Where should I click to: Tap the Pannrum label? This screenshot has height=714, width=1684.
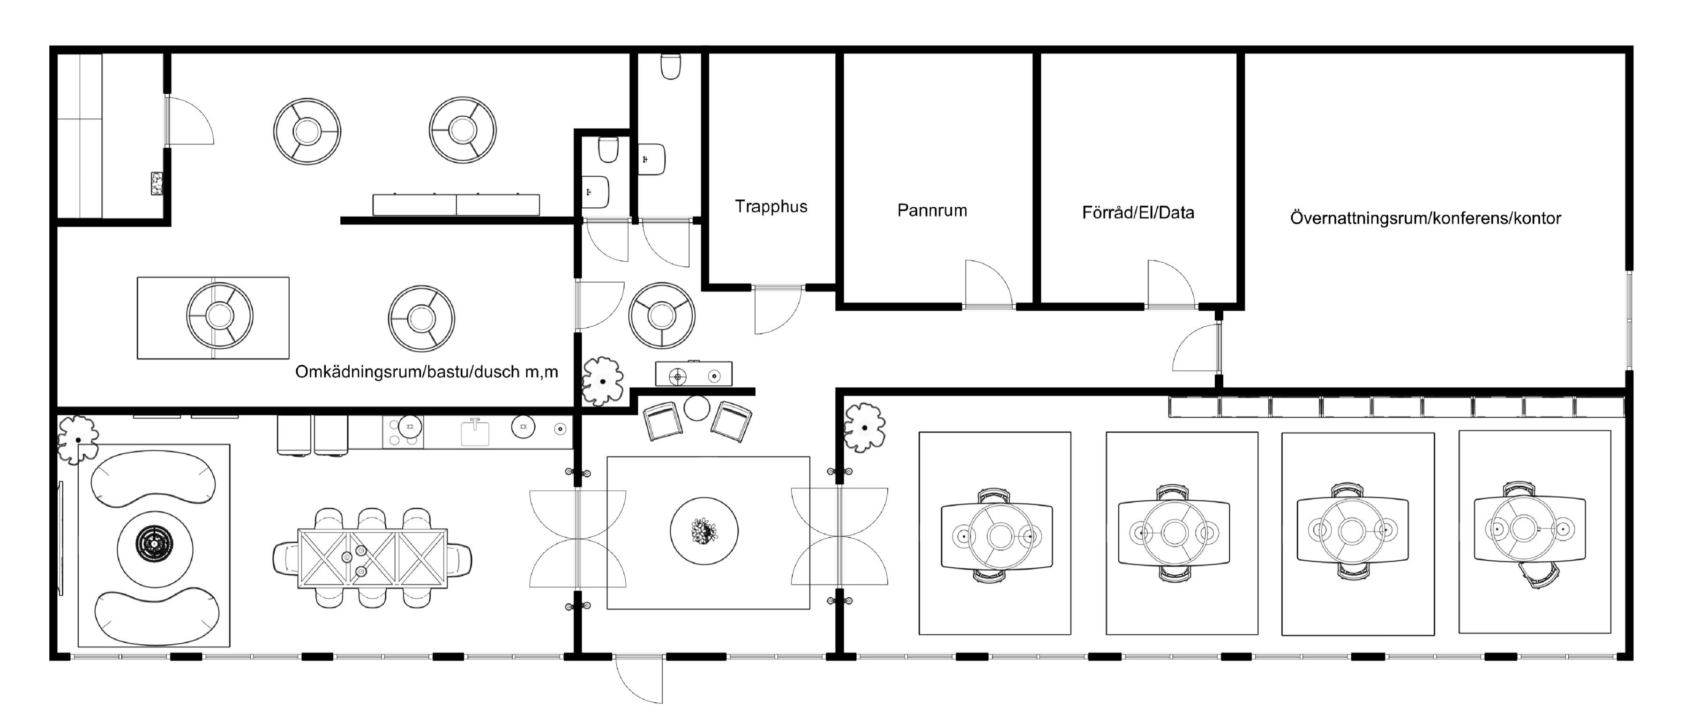click(932, 210)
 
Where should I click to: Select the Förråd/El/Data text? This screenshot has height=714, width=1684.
click(1138, 212)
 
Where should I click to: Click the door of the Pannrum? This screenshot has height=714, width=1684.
click(988, 284)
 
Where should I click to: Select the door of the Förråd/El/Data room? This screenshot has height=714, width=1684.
click(1171, 284)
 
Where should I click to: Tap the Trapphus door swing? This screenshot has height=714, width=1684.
click(777, 310)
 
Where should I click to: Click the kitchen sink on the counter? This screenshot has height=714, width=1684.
click(475, 432)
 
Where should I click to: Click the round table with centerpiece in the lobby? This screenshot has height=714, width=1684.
click(704, 530)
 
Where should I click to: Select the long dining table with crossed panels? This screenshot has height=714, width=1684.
click(373, 558)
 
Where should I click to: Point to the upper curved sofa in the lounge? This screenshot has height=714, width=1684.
click(153, 478)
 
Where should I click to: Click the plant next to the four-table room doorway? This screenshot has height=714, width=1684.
click(864, 428)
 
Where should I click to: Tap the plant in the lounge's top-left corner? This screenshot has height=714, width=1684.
click(78, 440)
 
